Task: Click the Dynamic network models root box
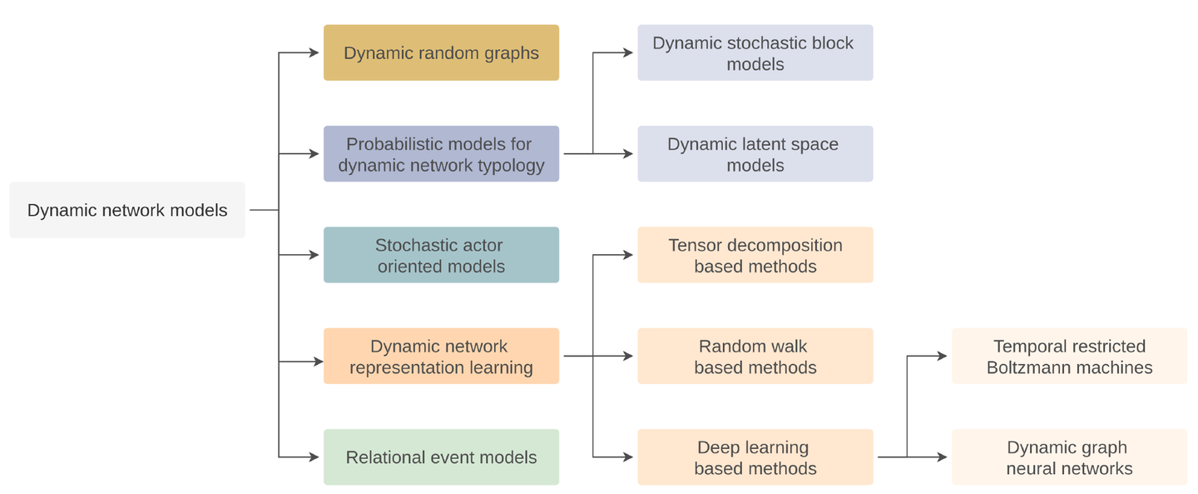(x=127, y=210)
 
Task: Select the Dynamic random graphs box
(x=441, y=52)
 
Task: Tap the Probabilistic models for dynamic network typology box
(x=441, y=154)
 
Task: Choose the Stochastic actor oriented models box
(x=441, y=255)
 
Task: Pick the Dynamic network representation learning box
(x=441, y=357)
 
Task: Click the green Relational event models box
(x=441, y=457)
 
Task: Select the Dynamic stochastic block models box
(x=755, y=52)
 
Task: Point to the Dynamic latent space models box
(x=755, y=154)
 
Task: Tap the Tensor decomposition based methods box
(x=755, y=255)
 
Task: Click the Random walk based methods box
(x=755, y=357)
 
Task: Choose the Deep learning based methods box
(x=755, y=457)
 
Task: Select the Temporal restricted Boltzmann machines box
(x=1069, y=357)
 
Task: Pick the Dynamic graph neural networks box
(x=1069, y=457)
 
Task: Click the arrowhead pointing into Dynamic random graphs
(x=314, y=52)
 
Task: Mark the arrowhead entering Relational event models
(x=314, y=457)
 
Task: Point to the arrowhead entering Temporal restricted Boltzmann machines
(x=943, y=356)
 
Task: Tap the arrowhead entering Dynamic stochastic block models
(x=629, y=52)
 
